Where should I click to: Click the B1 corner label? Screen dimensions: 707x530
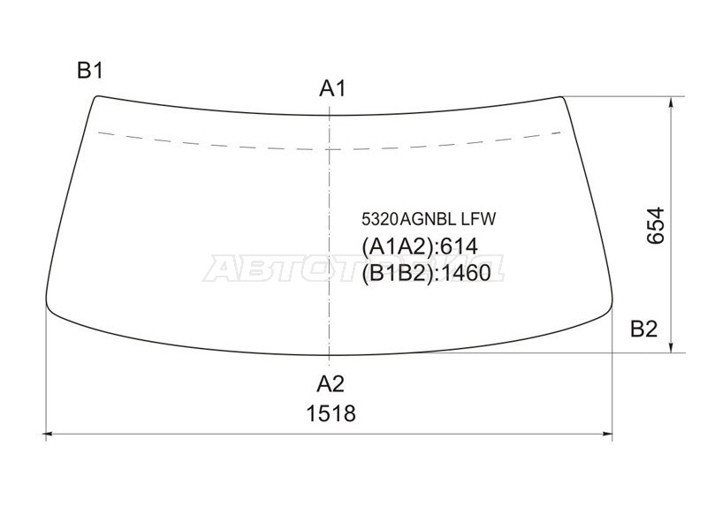click(90, 71)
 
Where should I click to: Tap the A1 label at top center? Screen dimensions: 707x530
click(332, 88)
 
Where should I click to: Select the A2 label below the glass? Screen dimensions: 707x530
click(330, 384)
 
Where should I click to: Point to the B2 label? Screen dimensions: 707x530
click(643, 329)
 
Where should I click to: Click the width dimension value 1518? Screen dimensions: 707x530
click(331, 413)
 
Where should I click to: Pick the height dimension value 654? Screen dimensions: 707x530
click(656, 225)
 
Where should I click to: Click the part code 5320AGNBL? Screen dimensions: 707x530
click(409, 219)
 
